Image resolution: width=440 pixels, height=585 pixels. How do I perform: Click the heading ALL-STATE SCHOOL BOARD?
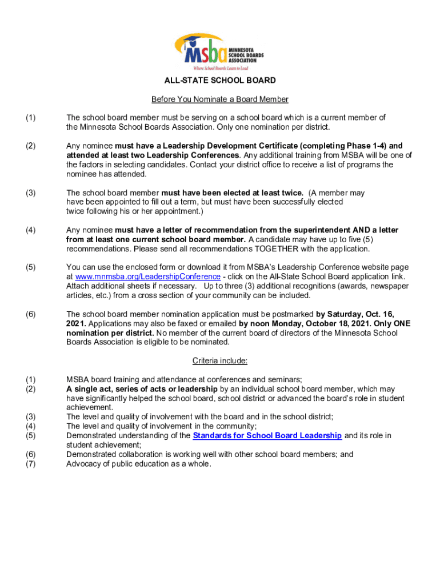[x=220, y=81]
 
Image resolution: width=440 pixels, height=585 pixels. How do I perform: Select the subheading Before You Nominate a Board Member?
[x=220, y=99]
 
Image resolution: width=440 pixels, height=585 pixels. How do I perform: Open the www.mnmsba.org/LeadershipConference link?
[x=148, y=277]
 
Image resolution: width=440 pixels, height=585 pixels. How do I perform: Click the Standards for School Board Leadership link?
[x=267, y=435]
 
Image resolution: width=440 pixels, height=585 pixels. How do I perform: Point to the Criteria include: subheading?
[x=220, y=360]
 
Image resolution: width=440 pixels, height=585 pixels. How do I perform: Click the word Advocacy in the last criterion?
[x=83, y=463]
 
